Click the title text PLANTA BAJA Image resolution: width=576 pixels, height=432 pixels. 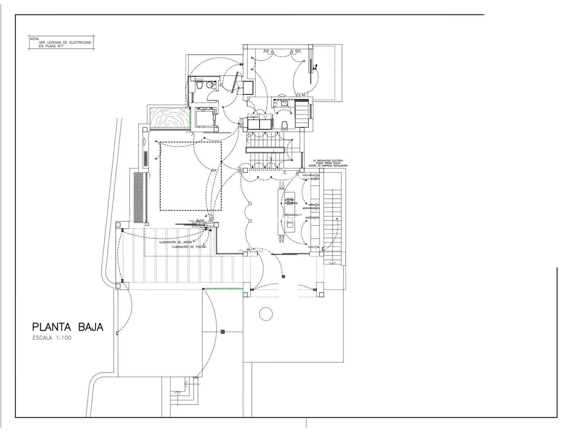point(68,327)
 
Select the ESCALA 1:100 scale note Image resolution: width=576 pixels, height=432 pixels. point(52,338)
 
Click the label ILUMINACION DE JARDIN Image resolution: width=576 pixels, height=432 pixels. point(176,242)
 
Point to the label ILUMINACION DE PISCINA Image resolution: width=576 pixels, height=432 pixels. point(189,247)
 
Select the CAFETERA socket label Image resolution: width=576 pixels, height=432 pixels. point(310,218)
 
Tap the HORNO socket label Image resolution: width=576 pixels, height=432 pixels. point(312,204)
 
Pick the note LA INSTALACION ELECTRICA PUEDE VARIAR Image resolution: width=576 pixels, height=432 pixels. point(328,163)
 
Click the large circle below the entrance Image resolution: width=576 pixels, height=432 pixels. point(266,314)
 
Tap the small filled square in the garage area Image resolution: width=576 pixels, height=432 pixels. point(223,332)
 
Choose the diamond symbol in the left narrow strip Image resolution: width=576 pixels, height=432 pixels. point(145,141)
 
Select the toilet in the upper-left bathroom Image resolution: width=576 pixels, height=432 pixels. point(199,86)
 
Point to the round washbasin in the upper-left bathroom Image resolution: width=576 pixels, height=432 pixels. point(209,86)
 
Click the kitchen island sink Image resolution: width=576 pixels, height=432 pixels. point(290,224)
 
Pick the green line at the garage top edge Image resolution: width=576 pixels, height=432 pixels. point(223,289)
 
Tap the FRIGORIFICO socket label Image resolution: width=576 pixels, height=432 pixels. point(309,175)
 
